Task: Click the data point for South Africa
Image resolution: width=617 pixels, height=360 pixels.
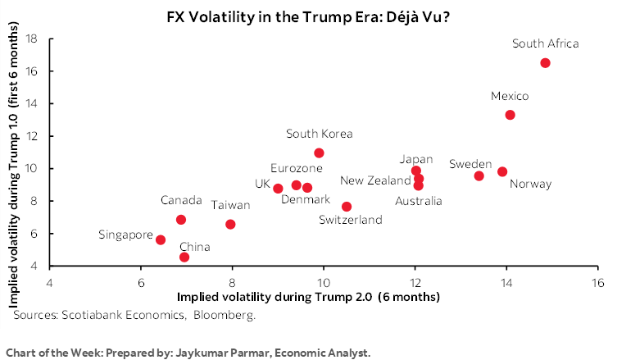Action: point(546,63)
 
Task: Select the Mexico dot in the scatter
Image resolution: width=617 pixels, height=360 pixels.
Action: point(510,115)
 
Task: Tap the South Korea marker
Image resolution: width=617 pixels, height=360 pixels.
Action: point(319,153)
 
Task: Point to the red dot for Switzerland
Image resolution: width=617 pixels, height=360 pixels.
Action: point(347,207)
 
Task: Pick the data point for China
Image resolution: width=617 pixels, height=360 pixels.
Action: point(184,257)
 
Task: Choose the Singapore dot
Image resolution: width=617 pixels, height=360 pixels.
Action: point(161,239)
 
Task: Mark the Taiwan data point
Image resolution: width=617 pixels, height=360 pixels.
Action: point(230,224)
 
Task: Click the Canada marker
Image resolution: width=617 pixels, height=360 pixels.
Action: point(181,220)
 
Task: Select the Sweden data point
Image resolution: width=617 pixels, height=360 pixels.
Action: point(479,175)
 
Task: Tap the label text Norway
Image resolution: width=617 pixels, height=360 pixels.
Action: point(530,185)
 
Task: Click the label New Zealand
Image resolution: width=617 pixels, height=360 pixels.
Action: point(375,180)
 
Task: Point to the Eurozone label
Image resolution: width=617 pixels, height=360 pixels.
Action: point(296,168)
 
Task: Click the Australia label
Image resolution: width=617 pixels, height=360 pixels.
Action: point(418,201)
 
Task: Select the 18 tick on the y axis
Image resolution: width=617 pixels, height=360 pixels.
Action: point(32,39)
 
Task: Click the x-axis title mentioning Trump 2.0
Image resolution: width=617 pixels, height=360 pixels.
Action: point(308,296)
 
